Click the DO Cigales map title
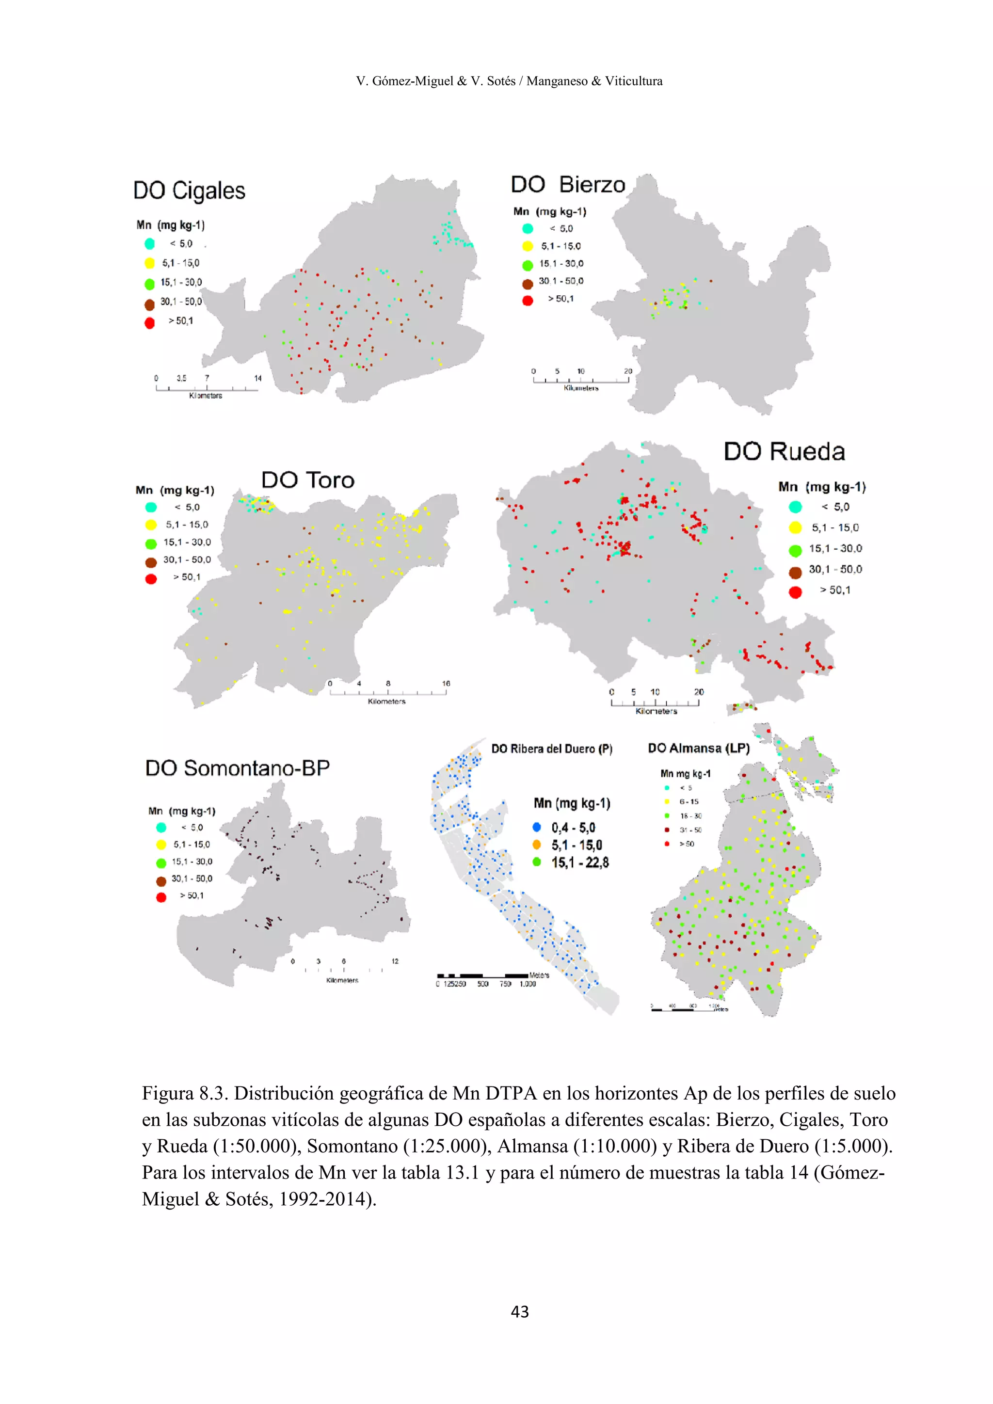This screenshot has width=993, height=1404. coord(189,191)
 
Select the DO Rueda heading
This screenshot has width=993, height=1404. coord(784,451)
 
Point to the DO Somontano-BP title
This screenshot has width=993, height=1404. coord(237,768)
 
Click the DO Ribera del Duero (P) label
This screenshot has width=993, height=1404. coord(551,749)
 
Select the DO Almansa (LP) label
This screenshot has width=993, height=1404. coord(698,749)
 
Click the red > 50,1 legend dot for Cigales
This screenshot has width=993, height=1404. coord(150,323)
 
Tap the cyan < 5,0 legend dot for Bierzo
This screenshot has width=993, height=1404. coord(528,229)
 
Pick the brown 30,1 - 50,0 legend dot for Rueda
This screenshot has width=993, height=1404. coord(795,573)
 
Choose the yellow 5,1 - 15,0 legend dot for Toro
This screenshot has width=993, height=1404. coord(151,525)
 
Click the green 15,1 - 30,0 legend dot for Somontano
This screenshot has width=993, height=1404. coord(161,863)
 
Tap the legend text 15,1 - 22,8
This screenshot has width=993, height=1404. coord(580,863)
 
